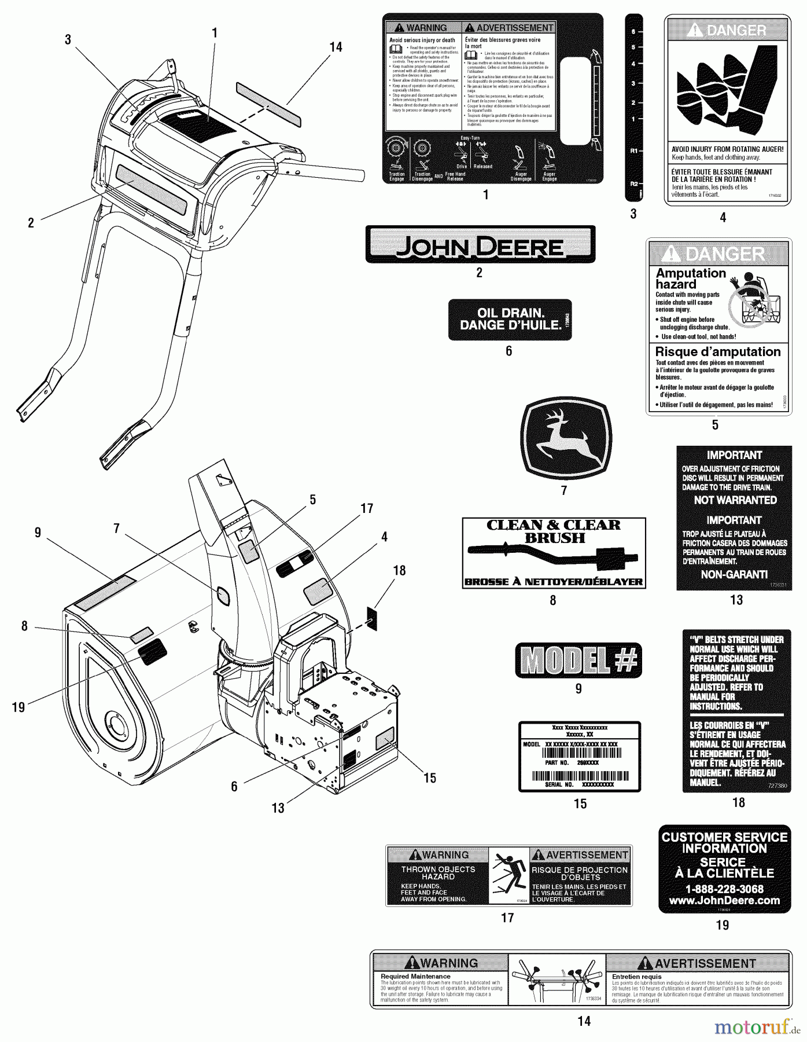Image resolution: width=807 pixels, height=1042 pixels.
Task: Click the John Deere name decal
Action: click(x=480, y=245)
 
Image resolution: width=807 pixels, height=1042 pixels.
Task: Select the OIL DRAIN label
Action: click(x=510, y=319)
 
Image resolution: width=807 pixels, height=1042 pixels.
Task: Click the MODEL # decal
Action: click(x=578, y=661)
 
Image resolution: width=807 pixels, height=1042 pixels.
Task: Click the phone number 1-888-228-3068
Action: click(x=724, y=889)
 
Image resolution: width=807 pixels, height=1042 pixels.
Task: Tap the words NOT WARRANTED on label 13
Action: click(x=735, y=500)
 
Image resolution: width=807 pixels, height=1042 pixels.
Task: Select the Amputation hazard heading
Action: click(x=690, y=278)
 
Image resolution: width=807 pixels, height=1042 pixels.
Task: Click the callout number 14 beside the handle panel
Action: click(x=336, y=47)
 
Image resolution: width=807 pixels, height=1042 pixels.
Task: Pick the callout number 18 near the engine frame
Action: click(x=399, y=570)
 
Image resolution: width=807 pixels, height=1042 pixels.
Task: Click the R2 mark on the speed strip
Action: click(x=633, y=184)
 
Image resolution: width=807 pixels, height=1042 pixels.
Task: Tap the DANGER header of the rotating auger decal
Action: click(x=727, y=30)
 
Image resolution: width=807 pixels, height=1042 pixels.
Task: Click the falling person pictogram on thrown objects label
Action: click(x=508, y=876)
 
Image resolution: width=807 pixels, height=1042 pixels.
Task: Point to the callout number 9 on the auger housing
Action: click(x=38, y=532)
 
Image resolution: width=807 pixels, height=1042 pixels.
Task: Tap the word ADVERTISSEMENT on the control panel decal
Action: click(x=508, y=28)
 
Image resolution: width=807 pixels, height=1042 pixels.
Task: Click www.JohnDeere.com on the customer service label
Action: click(x=724, y=901)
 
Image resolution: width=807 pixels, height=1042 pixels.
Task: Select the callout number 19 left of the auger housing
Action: click(x=19, y=707)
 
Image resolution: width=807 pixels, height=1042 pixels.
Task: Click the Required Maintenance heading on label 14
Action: click(x=415, y=976)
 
